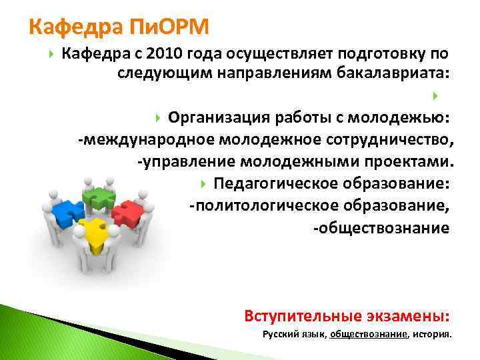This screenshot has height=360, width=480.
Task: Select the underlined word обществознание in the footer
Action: point(368,335)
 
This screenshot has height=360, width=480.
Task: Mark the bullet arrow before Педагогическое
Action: point(203,183)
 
